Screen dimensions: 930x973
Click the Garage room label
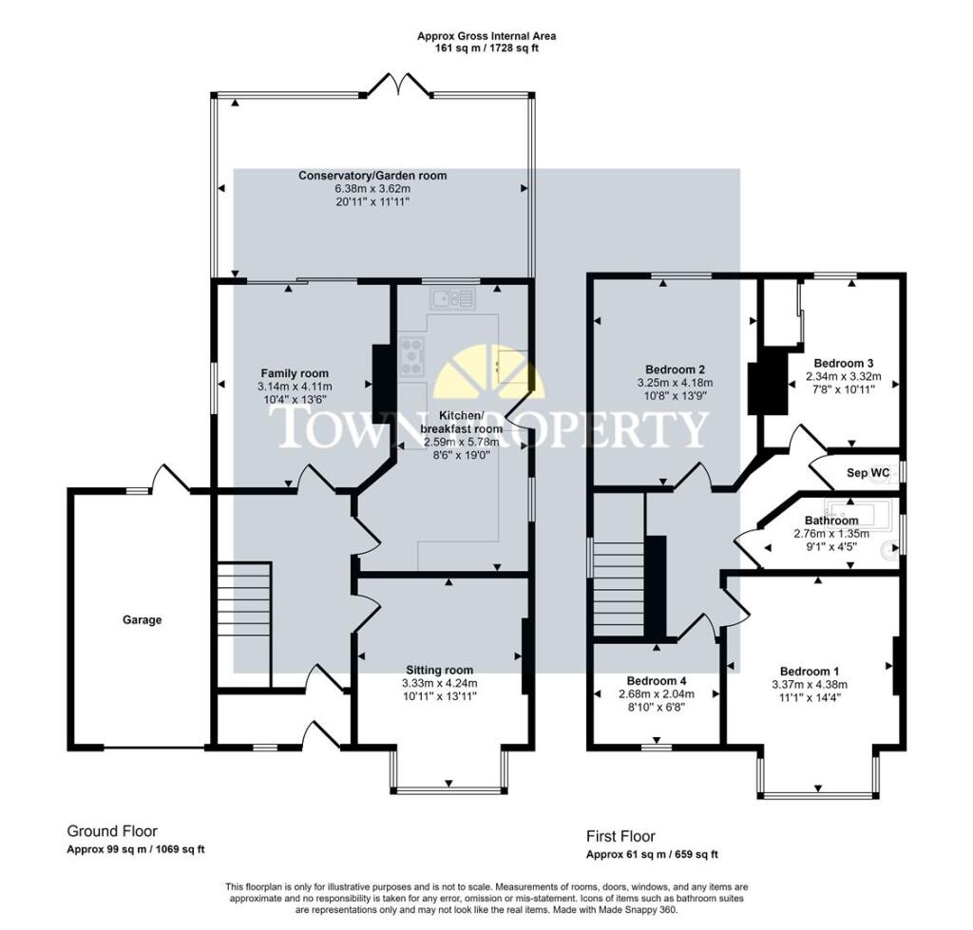point(142,619)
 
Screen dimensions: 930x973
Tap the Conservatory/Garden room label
point(372,176)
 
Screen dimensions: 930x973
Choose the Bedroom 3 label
point(843,363)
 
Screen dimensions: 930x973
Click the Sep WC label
point(868,472)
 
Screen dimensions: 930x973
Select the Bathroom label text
point(831,521)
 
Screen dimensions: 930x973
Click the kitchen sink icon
point(452,299)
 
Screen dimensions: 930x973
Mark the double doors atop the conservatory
point(397,86)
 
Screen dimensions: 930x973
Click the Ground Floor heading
point(112,830)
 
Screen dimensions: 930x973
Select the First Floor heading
point(620,837)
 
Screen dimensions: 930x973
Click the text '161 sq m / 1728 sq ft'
point(486,48)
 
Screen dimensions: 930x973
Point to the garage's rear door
point(169,477)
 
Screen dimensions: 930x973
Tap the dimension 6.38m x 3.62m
point(372,189)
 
